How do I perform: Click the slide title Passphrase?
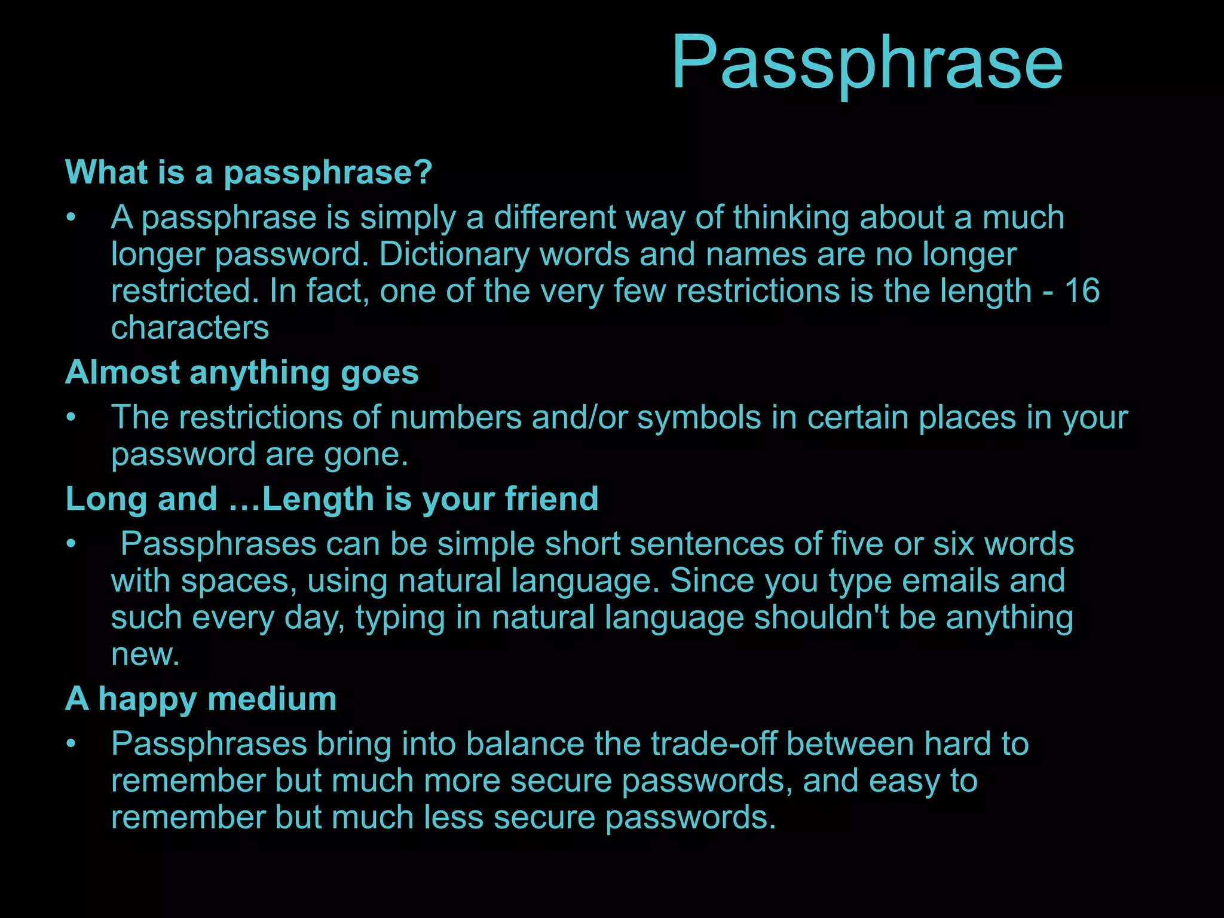point(867,63)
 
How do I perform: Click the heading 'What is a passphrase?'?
point(249,173)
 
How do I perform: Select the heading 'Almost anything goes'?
point(242,373)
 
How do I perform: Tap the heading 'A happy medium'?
point(201,699)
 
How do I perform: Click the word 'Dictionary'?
point(454,255)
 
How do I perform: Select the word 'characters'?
point(190,328)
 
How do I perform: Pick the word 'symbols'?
point(699,418)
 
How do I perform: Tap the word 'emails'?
point(950,581)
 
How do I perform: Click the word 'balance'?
point(525,745)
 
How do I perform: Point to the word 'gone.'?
point(366,455)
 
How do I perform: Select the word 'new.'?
point(145,655)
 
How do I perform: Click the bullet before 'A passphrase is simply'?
point(71,218)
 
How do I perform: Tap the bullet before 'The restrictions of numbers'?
point(71,418)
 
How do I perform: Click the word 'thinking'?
point(791,218)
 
